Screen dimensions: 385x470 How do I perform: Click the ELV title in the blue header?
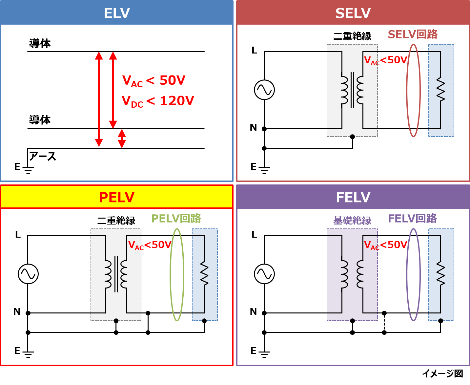point(117,13)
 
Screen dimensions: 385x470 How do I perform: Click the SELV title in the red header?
point(353,13)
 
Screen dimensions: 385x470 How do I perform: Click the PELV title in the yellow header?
point(117,197)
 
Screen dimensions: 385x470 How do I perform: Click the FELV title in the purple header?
point(353,197)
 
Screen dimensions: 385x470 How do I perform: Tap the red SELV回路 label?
point(413,34)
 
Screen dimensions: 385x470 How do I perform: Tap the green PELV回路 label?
point(176,218)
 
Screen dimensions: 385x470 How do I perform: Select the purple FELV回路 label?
point(412,218)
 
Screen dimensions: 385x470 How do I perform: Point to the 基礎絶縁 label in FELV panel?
point(352,220)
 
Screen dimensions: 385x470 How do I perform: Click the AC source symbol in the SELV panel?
point(264,90)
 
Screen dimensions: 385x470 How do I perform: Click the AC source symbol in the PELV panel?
point(28,274)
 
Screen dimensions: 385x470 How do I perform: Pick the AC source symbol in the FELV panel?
point(264,274)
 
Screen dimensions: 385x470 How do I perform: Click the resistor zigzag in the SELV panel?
point(440,90)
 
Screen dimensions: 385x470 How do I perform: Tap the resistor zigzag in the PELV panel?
point(204,274)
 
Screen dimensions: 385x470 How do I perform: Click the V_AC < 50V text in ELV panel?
point(153,80)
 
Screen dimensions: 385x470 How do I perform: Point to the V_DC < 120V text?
point(158,101)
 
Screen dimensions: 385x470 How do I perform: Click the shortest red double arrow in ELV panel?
point(122,138)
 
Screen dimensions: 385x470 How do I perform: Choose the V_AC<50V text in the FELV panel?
point(386,245)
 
